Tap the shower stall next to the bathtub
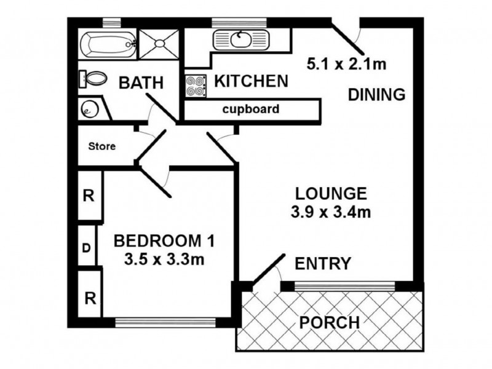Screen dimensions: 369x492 tap(159, 42)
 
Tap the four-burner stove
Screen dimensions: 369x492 tap(196, 86)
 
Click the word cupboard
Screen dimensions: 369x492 tap(251, 110)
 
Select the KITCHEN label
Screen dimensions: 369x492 tap(251, 81)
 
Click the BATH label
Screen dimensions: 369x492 tap(141, 82)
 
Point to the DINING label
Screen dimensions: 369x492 tap(376, 95)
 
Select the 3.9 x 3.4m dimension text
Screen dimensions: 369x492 tap(331, 213)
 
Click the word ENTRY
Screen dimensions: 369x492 tap(323, 264)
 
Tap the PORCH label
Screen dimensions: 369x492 tap(329, 322)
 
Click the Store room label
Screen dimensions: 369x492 tap(102, 147)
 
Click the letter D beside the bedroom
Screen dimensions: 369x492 tap(87, 249)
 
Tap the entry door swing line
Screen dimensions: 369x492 tap(269, 270)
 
